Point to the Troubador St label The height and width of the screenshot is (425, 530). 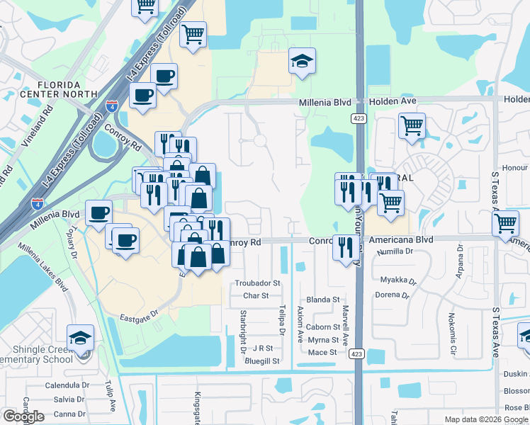[258, 283]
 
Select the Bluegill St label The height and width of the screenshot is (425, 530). [261, 361]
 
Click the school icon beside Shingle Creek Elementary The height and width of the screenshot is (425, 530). [80, 336]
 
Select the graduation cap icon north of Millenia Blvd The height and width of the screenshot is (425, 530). [302, 60]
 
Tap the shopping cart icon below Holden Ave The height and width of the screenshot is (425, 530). [412, 127]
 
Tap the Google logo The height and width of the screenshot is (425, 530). [23, 416]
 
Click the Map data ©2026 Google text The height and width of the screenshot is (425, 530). [486, 419]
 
